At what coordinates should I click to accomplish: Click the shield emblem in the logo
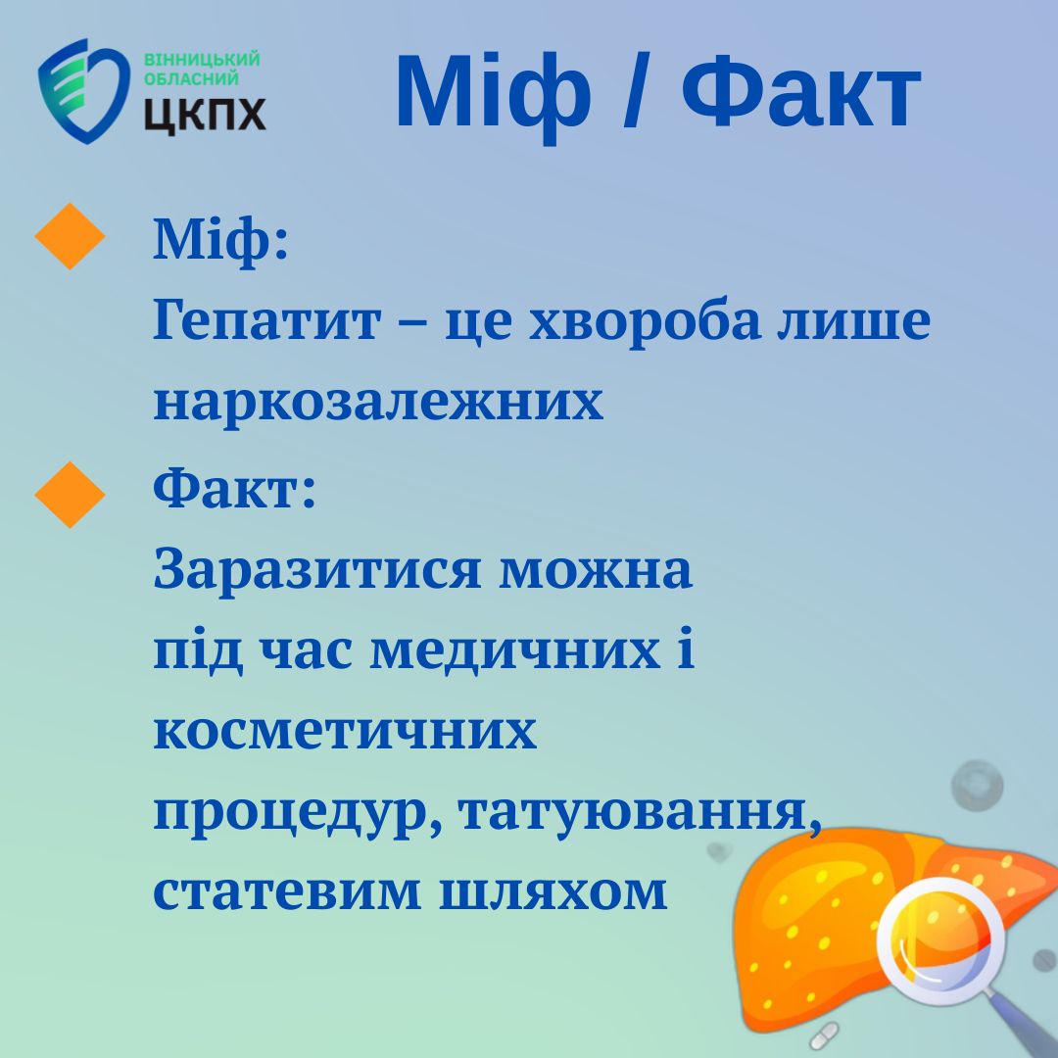[83, 91]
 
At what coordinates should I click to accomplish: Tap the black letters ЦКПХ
[205, 115]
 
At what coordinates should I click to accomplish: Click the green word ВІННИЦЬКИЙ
[202, 59]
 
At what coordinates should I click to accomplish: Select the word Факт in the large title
[801, 91]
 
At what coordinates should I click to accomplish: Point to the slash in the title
[637, 90]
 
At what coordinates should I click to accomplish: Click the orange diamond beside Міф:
[70, 236]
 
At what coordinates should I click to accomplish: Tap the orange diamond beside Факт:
[70, 495]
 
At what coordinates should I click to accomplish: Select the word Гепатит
[266, 319]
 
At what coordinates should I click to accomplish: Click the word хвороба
[645, 321]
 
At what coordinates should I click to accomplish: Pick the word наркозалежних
[378, 402]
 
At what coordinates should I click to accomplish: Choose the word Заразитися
[317, 570]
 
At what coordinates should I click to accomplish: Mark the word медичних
[515, 651]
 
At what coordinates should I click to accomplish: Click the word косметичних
[345, 731]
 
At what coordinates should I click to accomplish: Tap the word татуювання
[641, 813]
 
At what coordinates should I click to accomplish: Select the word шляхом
[553, 892]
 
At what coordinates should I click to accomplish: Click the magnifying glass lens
[940, 940]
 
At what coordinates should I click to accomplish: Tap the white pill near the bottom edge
[824, 1035]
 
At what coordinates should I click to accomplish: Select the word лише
[853, 321]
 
